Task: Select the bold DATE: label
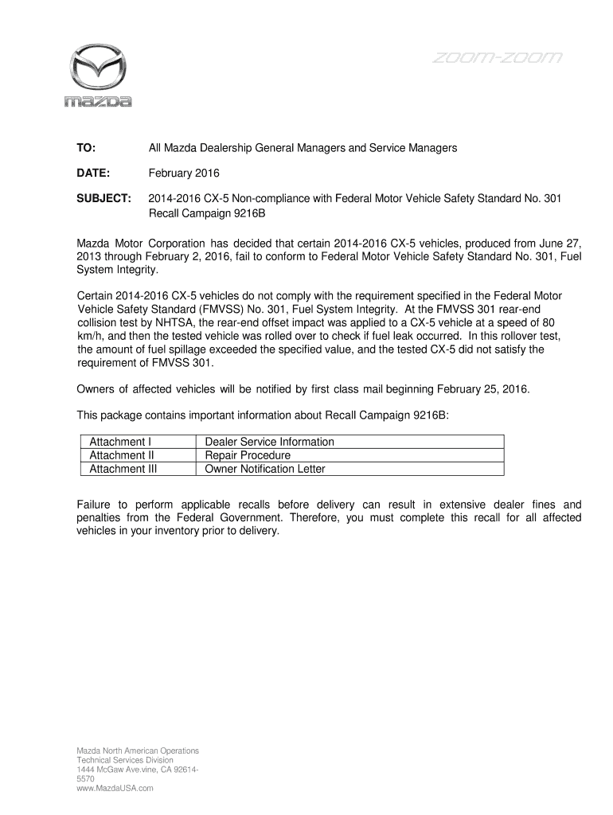[x=92, y=174]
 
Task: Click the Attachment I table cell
[x=120, y=442]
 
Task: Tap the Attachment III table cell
[x=123, y=469]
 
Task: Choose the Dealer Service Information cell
[x=269, y=442]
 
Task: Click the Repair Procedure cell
[x=248, y=455]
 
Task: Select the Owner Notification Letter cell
[x=265, y=469]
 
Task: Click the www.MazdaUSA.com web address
[x=115, y=788]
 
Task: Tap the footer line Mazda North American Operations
[x=138, y=751]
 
